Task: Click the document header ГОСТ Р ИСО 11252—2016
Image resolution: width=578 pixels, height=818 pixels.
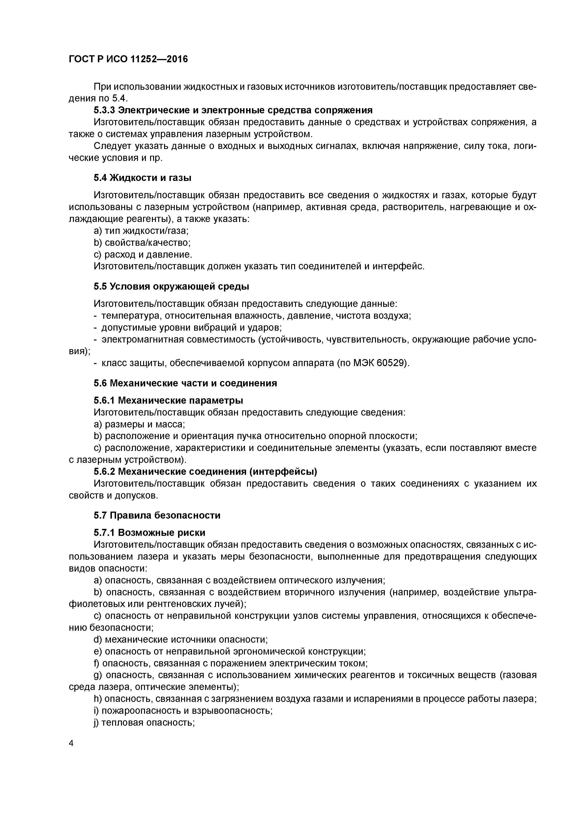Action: tap(128, 59)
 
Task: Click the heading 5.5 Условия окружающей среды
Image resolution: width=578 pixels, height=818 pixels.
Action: tap(171, 286)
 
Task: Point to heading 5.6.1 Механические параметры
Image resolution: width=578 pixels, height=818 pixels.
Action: tap(168, 400)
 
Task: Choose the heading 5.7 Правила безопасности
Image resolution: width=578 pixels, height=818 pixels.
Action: tap(157, 515)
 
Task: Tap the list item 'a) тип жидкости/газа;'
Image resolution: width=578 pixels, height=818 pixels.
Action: tap(141, 231)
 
